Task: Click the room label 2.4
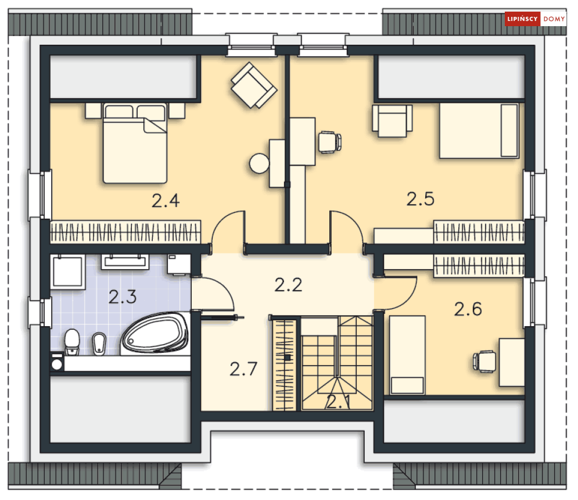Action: pos(166,201)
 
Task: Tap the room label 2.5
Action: pos(421,199)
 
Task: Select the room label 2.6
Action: pos(468,309)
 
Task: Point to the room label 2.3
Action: pos(123,297)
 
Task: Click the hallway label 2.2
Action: pos(288,285)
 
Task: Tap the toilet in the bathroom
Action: pos(72,342)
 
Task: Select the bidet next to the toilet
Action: pos(99,344)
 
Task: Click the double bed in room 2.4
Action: pos(135,143)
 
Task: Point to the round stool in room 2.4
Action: pos(259,163)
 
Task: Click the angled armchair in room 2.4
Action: pos(254,85)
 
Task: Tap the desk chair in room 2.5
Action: pos(330,142)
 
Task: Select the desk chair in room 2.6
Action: pos(484,362)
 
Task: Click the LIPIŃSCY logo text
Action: pos(522,19)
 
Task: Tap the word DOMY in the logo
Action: pos(554,19)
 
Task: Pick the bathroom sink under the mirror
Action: pos(125,262)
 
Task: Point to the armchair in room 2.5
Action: pos(392,121)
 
